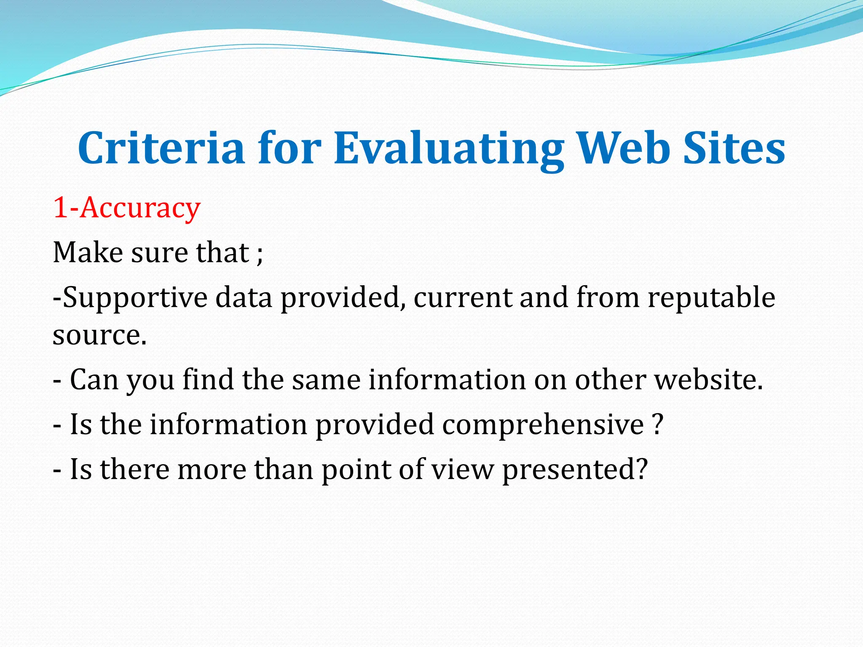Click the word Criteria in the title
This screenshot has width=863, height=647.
tap(161, 148)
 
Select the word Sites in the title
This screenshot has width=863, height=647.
tap(734, 148)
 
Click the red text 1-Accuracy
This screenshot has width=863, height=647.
tap(126, 208)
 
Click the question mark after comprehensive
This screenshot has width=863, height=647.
tap(657, 425)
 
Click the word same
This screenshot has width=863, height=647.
tap(326, 380)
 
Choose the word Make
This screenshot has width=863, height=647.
tap(88, 253)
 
